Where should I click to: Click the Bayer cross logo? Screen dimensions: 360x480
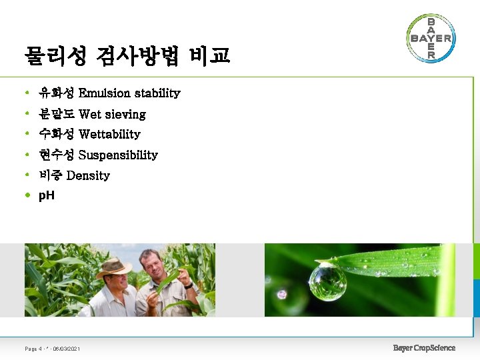click(431, 38)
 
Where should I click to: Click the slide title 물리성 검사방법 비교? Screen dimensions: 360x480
click(127, 56)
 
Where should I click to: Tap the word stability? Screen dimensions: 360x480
click(157, 93)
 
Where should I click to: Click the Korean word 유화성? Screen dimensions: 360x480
click(57, 93)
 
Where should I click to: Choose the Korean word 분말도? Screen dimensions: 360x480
click(57, 114)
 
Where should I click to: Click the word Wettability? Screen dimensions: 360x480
click(109, 135)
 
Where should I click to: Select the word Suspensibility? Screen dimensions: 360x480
click(118, 155)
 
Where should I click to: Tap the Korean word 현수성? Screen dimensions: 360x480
click(57, 155)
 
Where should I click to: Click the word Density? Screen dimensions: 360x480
click(88, 176)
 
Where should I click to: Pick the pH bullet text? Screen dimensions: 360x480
click(47, 196)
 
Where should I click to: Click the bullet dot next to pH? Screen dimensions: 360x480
click(27, 196)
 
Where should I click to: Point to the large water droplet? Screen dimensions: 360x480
click(327, 281)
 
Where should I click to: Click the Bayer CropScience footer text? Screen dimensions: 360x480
click(424, 347)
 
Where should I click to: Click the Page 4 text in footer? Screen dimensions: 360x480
click(33, 349)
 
